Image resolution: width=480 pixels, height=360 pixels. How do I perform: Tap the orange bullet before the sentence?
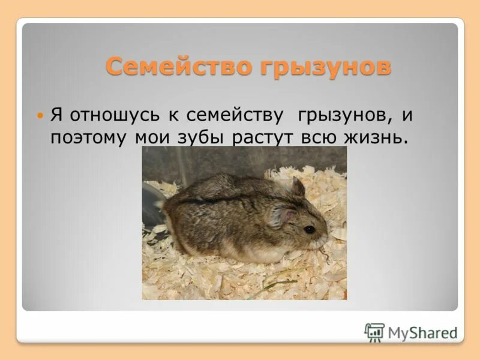40,114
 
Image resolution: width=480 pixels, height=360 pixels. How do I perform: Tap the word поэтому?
88,137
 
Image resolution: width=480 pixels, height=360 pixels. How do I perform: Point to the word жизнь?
375,137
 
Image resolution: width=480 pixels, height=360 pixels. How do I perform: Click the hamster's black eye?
309,229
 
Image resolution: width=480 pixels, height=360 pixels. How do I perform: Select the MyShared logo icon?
374,332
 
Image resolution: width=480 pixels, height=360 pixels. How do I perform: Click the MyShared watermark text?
422,332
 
